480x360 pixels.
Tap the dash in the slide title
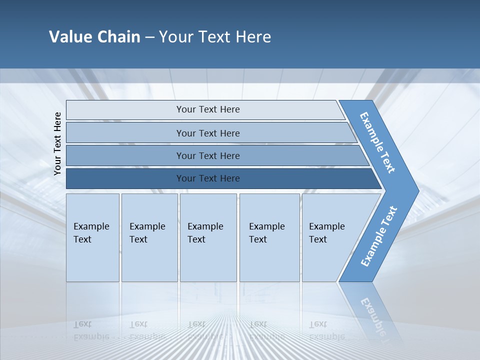[x=149, y=37]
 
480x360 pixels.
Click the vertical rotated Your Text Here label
[x=57, y=143]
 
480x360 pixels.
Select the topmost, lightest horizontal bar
[x=207, y=109]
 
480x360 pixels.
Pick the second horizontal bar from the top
[x=207, y=133]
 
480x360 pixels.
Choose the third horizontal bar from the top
[x=207, y=155]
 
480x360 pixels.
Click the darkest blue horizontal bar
[x=207, y=178]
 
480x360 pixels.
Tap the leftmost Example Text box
[x=92, y=237]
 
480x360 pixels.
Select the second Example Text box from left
[x=149, y=237]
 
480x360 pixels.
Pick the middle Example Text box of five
[x=208, y=237]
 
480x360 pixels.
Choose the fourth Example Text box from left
[x=270, y=237]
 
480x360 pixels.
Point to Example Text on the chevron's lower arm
[x=378, y=236]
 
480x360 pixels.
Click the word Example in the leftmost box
[x=91, y=226]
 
